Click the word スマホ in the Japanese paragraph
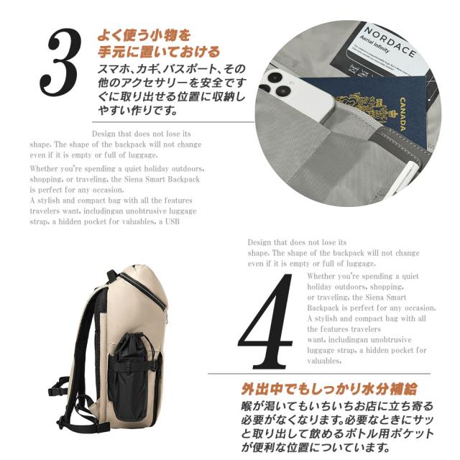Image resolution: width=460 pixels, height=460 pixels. (111, 69)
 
